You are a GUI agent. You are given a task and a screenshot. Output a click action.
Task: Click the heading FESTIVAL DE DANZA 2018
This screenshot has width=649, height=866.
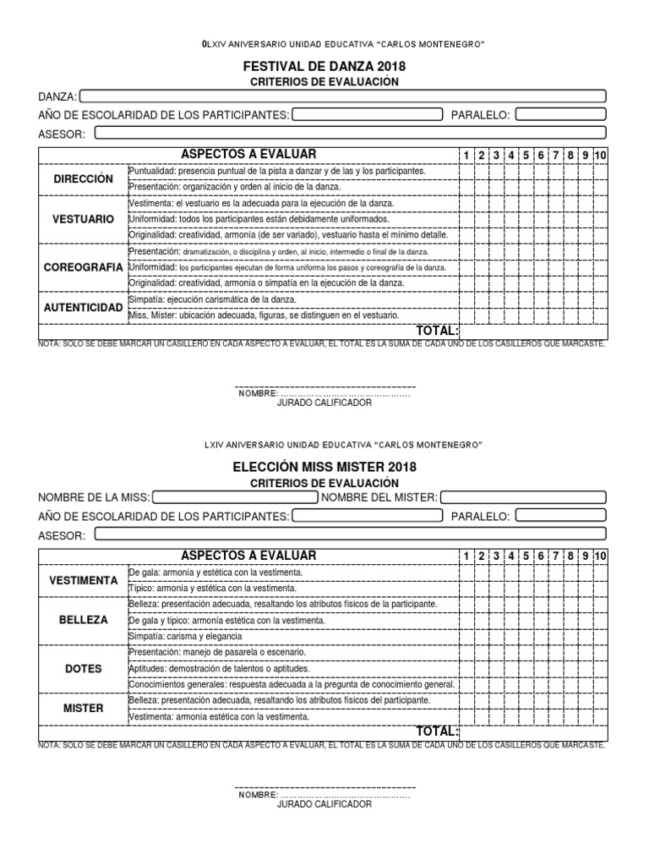324,66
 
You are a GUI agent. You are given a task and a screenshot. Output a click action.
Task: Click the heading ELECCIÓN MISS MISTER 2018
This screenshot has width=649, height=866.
324,467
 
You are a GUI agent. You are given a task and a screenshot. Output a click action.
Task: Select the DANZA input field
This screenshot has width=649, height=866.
343,96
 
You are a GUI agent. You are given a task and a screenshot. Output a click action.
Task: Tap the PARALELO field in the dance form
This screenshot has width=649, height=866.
560,115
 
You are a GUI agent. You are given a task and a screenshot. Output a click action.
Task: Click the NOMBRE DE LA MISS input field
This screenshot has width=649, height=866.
234,497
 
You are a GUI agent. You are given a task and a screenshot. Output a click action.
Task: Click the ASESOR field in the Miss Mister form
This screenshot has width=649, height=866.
350,534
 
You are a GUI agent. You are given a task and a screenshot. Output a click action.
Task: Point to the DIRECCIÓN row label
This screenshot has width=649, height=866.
83,179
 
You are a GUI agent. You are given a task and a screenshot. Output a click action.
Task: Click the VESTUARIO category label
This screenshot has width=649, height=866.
83,219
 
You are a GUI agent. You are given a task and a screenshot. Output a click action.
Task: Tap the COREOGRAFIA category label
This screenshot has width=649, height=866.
83,267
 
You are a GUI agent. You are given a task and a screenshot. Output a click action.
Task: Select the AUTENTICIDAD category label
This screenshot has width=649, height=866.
83,308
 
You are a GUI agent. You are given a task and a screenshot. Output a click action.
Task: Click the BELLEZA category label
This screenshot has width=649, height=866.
83,620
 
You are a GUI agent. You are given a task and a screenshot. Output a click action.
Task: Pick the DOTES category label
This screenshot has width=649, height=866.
83,669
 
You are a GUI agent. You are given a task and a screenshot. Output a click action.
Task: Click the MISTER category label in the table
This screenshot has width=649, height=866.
83,709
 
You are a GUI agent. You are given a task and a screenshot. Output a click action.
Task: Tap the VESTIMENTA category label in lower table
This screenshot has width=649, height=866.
83,581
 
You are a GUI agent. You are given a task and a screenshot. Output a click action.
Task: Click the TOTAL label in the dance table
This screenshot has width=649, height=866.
436,331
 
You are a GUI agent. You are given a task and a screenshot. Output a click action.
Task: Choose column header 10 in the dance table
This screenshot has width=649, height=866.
600,155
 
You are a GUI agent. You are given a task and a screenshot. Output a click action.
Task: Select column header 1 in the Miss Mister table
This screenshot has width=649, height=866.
466,556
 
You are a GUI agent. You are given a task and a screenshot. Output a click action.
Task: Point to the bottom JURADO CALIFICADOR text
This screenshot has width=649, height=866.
324,804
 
